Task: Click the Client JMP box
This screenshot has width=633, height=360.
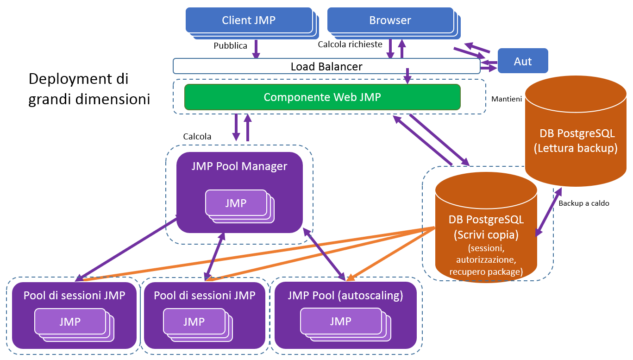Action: click(249, 20)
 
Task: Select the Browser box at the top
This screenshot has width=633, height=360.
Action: click(390, 20)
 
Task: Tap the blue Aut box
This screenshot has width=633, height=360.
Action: click(523, 61)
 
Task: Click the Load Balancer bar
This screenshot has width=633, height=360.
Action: click(326, 66)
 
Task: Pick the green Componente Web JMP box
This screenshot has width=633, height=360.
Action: click(322, 97)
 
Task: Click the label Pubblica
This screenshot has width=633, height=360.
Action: click(230, 46)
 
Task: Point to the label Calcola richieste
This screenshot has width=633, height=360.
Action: click(350, 44)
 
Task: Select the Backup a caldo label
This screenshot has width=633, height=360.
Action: click(583, 203)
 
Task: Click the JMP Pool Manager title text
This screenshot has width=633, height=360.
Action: click(239, 166)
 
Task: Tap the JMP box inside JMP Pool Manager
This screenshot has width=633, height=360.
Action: click(236, 203)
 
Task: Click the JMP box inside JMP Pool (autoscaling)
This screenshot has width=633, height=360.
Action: click(340, 321)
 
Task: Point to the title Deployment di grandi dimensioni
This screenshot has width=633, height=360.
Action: click(89, 89)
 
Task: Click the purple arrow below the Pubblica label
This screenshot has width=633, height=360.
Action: click(255, 49)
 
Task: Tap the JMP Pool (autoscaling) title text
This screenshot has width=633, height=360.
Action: click(345, 296)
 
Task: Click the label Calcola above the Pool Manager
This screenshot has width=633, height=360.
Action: click(197, 137)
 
